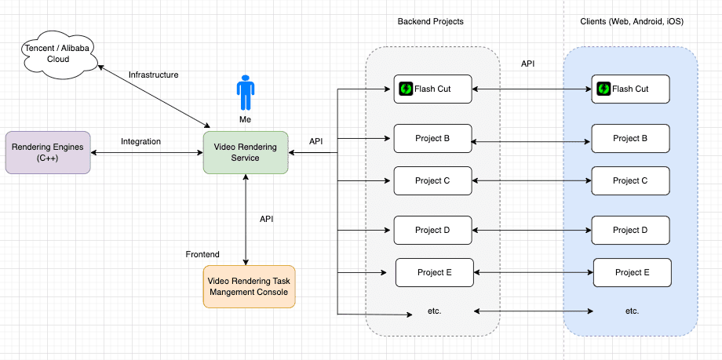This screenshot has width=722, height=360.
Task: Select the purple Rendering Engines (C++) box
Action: click(48, 152)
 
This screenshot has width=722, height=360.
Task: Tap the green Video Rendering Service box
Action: click(246, 152)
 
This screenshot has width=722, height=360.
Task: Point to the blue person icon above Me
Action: click(246, 93)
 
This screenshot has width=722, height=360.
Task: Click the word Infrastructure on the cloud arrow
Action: click(154, 75)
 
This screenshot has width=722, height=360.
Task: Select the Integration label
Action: click(141, 141)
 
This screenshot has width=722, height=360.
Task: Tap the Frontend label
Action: click(202, 254)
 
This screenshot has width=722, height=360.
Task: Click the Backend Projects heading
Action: click(430, 21)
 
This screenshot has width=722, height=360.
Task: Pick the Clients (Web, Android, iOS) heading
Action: click(631, 21)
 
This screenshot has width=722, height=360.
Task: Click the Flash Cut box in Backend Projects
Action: click(433, 89)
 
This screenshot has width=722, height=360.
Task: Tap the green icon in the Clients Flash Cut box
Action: click(603, 89)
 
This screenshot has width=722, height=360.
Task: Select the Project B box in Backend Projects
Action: click(432, 138)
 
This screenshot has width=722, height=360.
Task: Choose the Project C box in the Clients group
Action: click(630, 181)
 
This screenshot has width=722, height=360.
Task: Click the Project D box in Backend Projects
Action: click(432, 230)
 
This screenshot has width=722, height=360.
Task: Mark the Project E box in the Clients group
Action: click(633, 272)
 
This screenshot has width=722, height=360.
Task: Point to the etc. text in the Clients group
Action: click(632, 311)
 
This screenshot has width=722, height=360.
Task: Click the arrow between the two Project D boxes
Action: click(531, 231)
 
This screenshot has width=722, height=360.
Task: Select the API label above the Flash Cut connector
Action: click(528, 64)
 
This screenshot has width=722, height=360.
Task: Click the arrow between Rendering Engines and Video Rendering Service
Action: click(147, 152)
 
